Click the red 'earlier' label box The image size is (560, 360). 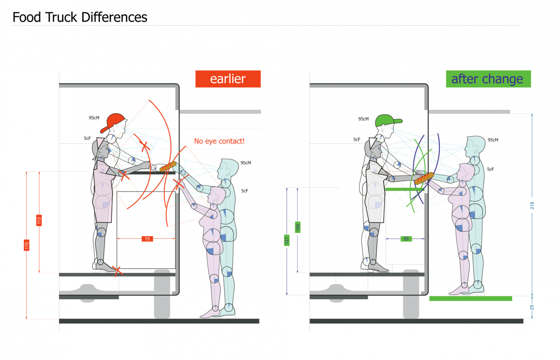pyautogui.click(x=228, y=79)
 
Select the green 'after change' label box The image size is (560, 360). pyautogui.click(x=488, y=79)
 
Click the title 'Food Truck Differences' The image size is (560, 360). pyautogui.click(x=80, y=17)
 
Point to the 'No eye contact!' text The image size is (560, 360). pyautogui.click(x=219, y=141)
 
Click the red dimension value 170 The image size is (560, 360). pyautogui.click(x=27, y=245)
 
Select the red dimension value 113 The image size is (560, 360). pyautogui.click(x=39, y=220)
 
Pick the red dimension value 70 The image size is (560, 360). pyautogui.click(x=146, y=239)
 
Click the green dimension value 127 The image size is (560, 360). pyautogui.click(x=287, y=240)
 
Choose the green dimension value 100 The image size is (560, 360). pyautogui.click(x=298, y=226)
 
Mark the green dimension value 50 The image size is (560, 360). pyautogui.click(x=406, y=238)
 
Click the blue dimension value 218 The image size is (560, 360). pyautogui.click(x=532, y=205)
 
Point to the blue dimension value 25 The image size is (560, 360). pyautogui.click(x=532, y=307)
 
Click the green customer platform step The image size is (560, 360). pyautogui.click(x=470, y=298)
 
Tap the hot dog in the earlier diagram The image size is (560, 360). pyautogui.click(x=168, y=167)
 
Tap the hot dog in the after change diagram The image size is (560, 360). pyautogui.click(x=424, y=178)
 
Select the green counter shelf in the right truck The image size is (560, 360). pyautogui.click(x=400, y=189)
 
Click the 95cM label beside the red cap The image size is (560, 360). pyautogui.click(x=94, y=118)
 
